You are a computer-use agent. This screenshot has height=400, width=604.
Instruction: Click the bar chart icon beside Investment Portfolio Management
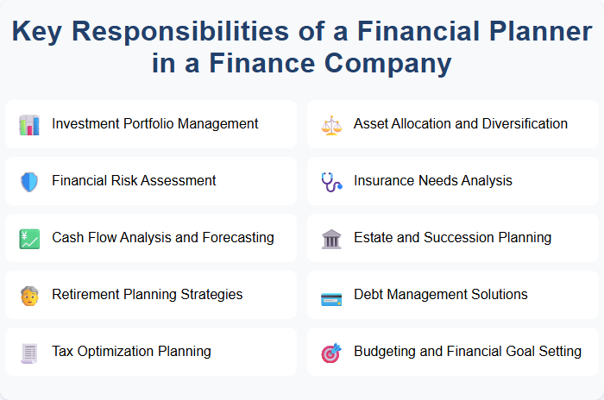(29, 124)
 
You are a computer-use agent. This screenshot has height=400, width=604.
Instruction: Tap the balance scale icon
(331, 124)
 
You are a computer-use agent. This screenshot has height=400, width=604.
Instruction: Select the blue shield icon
(29, 181)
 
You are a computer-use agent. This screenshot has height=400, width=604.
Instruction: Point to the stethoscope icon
(331, 181)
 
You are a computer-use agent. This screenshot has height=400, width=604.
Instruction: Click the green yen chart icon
(29, 238)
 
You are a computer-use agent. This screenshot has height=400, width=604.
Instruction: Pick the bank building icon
(331, 238)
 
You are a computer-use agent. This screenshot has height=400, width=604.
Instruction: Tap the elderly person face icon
(29, 295)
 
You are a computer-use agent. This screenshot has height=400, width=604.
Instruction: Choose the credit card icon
(331, 296)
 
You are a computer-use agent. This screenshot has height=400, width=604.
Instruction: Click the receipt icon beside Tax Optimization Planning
(29, 352)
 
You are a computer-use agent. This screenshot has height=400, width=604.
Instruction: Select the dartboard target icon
(331, 352)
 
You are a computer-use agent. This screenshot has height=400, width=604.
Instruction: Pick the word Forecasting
(236, 237)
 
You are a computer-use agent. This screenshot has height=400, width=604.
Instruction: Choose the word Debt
(370, 294)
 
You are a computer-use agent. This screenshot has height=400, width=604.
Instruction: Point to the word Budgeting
(386, 351)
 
